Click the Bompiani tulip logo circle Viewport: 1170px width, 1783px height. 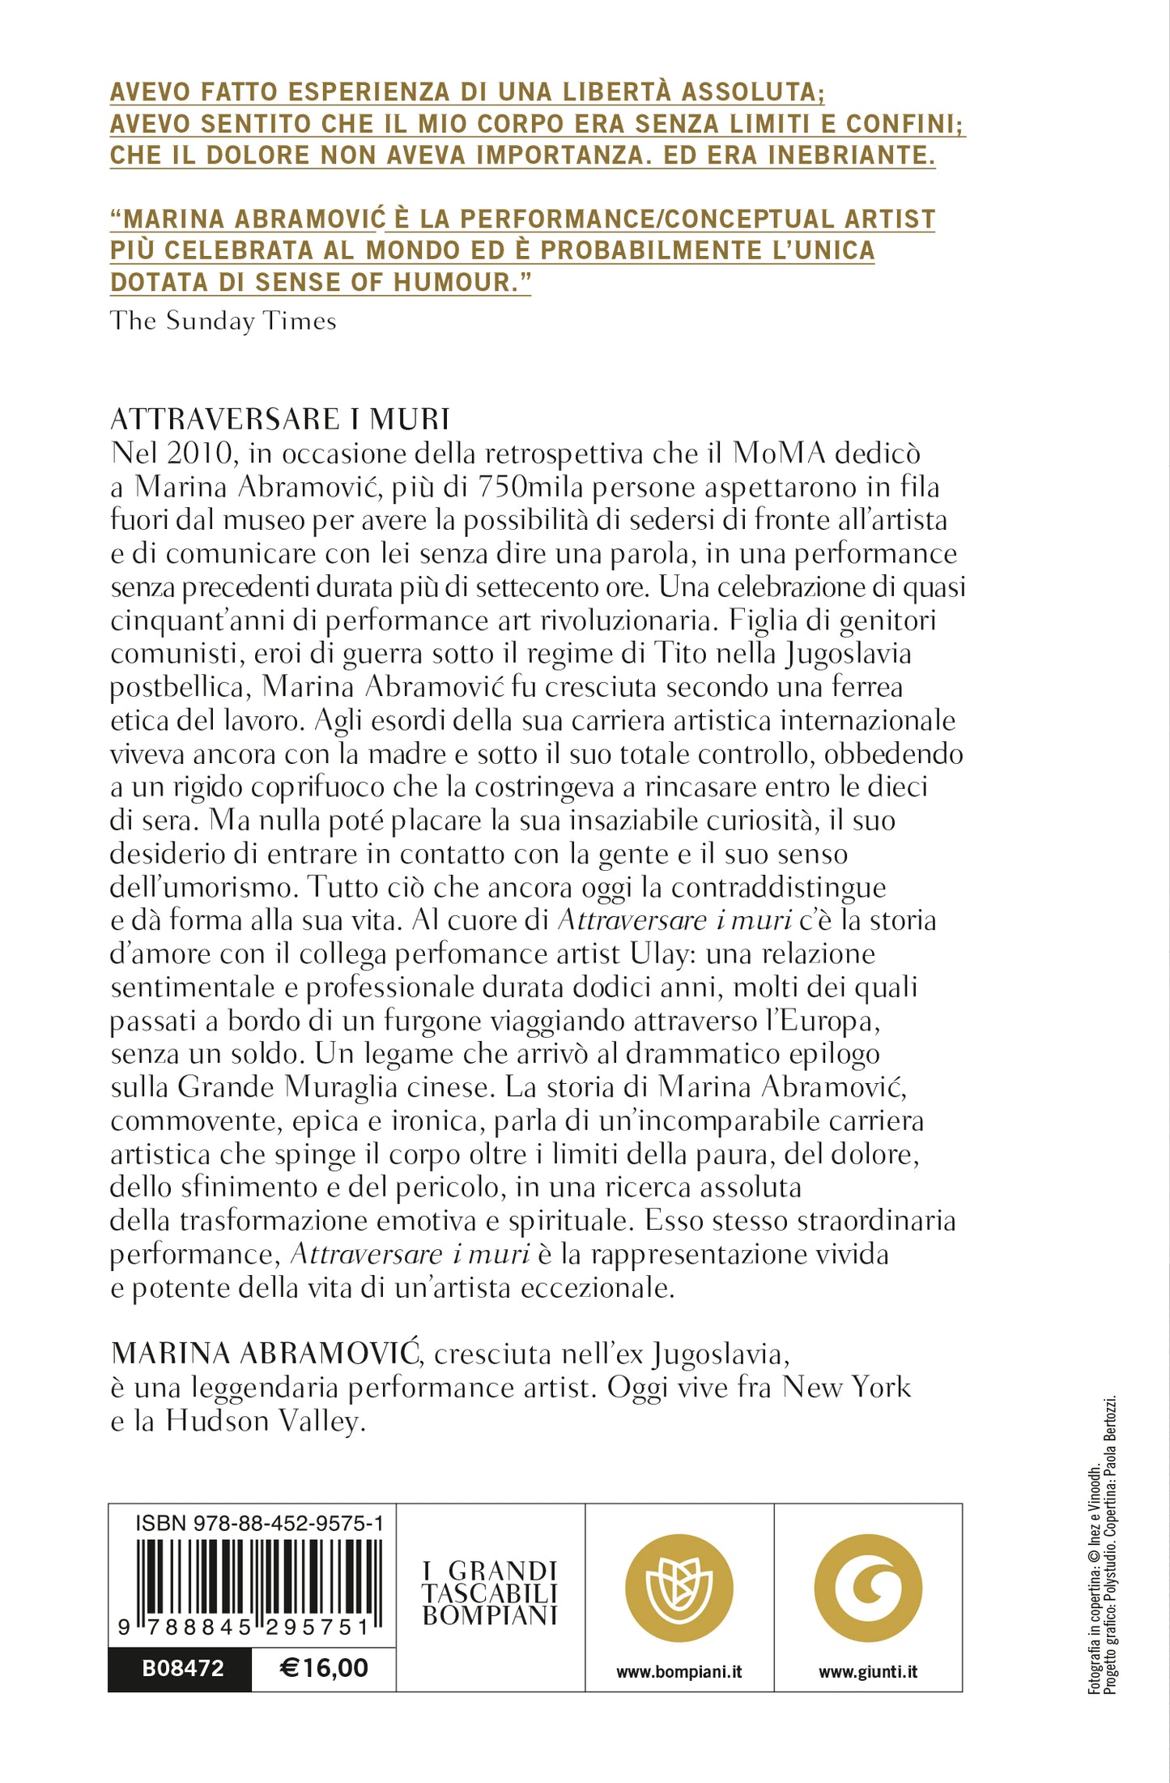(679, 1588)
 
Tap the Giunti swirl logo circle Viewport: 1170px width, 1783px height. (868, 1588)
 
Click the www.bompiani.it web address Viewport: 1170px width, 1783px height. (679, 1671)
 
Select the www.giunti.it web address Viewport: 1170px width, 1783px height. (868, 1671)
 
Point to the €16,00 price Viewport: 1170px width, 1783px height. (324, 1667)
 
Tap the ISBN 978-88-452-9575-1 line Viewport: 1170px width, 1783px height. (259, 1524)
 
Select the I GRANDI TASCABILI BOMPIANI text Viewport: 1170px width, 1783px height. (490, 1593)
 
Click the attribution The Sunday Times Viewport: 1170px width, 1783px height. (223, 321)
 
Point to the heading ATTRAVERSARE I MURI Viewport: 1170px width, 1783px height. (280, 420)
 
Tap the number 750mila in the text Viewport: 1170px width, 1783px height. (531, 487)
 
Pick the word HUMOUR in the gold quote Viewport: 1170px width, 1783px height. (461, 282)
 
